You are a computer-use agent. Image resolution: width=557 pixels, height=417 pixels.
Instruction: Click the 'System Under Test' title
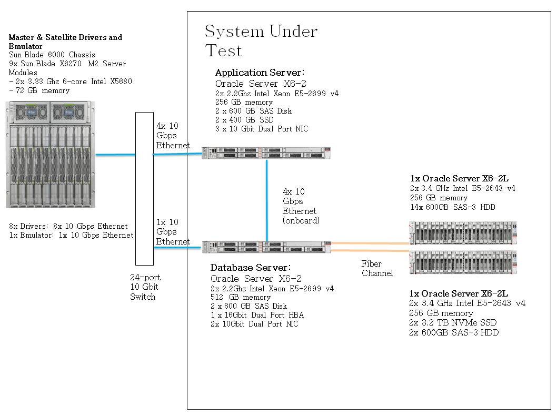[x=261, y=40]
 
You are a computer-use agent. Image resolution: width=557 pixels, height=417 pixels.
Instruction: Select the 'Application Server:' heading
[x=260, y=73]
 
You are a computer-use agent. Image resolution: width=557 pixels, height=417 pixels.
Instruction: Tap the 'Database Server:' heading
[x=251, y=268]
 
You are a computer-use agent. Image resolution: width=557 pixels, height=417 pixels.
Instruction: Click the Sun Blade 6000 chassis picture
[x=51, y=155]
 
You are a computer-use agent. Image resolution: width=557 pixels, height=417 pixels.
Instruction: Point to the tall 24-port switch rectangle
[x=144, y=189]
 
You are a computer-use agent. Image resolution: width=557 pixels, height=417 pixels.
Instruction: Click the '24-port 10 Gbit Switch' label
[x=145, y=287]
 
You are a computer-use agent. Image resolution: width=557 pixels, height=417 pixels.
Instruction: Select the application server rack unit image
[x=266, y=153]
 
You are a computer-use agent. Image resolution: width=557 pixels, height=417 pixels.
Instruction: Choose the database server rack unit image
[x=266, y=247]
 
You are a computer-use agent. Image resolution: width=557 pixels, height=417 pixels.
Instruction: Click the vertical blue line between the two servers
[x=266, y=200]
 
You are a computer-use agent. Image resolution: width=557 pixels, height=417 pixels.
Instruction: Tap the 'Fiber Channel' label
[x=377, y=269]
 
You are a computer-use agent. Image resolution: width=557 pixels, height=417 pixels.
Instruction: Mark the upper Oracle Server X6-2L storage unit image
[x=463, y=232]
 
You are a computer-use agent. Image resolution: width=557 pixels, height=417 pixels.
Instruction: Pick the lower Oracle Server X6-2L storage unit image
[x=463, y=262]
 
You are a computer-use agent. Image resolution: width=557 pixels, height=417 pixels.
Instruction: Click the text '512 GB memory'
[x=241, y=297]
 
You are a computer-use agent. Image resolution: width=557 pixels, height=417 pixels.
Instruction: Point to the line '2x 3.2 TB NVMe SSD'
[x=453, y=322]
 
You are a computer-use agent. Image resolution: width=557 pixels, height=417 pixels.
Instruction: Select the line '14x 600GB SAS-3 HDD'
[x=453, y=207]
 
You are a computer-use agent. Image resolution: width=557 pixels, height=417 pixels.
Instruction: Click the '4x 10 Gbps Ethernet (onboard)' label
[x=301, y=206]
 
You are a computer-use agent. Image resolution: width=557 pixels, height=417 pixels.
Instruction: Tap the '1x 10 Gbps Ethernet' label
[x=173, y=232]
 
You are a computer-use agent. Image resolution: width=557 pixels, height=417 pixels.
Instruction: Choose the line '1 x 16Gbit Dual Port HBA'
[x=257, y=315]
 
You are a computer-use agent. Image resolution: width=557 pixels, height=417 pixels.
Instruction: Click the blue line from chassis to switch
[x=115, y=155]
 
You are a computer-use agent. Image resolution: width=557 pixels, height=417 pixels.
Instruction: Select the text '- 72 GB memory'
[x=39, y=90]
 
